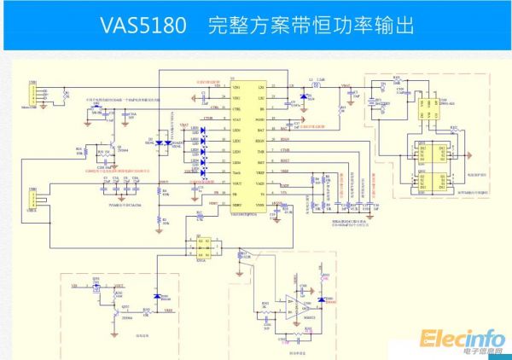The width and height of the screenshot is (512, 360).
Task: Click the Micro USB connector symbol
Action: pos(33,96)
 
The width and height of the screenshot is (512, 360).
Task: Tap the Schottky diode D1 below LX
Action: pos(297,101)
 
